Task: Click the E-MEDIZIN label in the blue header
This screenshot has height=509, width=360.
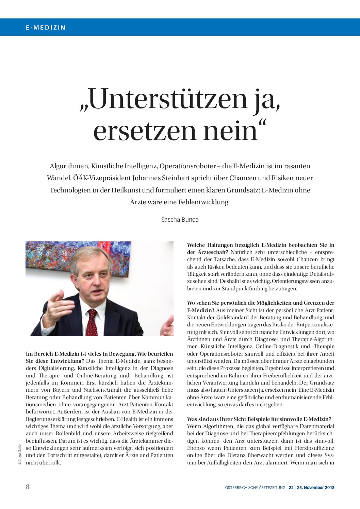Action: tap(46, 28)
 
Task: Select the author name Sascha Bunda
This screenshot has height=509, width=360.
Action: tap(180, 220)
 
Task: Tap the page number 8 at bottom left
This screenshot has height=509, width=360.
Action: tap(28, 487)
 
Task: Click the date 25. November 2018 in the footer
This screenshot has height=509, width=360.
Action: tap(315, 488)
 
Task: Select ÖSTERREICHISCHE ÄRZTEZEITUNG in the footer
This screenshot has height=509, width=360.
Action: tap(255, 488)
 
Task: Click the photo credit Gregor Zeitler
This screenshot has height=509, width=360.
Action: tap(20, 454)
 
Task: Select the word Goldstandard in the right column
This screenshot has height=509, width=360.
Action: tap(232, 318)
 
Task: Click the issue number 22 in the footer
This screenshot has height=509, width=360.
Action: tap(291, 488)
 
